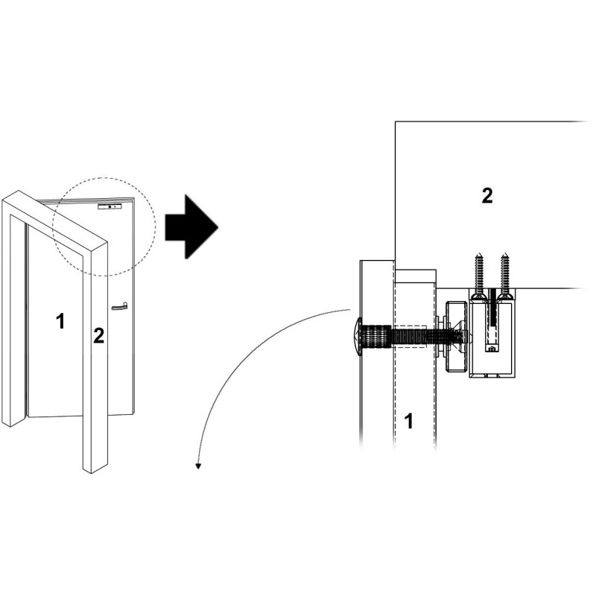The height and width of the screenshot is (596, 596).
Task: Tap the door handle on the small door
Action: [x=119, y=306]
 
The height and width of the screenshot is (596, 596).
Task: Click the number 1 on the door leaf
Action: [x=60, y=321]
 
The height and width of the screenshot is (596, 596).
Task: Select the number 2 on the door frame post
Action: [x=98, y=336]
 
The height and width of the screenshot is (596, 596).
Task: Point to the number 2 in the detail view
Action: [x=487, y=196]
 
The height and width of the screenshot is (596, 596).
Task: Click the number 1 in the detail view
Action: [x=408, y=421]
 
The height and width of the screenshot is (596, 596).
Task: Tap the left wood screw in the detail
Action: [x=478, y=276]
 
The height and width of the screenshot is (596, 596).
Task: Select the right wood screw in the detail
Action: [x=505, y=276]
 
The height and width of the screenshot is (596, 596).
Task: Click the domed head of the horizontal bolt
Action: [x=357, y=337]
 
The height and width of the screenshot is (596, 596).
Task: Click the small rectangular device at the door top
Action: [x=110, y=206]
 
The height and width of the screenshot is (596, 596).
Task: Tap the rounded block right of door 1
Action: [x=456, y=337]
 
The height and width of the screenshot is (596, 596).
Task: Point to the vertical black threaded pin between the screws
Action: [x=492, y=308]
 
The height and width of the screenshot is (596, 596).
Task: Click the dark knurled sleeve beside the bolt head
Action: [x=375, y=337]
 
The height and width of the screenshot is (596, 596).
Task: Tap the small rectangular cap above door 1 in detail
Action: [x=416, y=276]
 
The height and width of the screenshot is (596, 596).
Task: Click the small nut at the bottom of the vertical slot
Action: [x=492, y=347]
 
